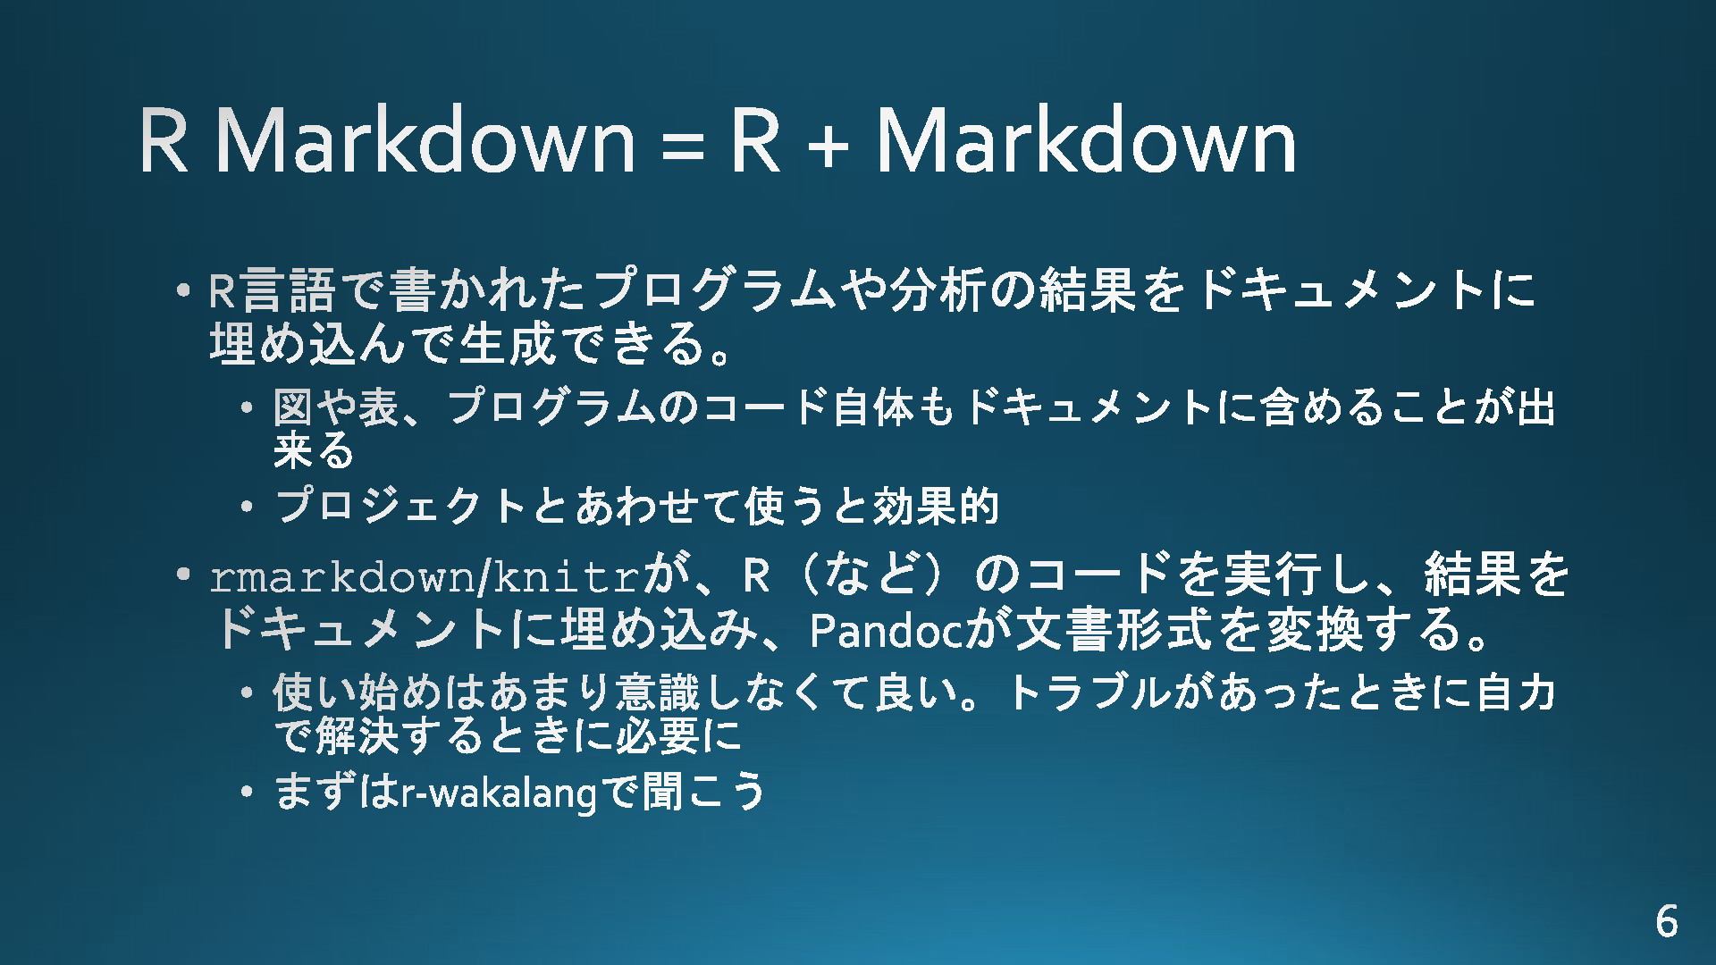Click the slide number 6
[x=1666, y=921]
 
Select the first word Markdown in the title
[x=425, y=140]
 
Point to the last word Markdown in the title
[x=1087, y=140]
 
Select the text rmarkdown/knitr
[x=425, y=577]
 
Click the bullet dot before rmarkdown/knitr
[x=183, y=576]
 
